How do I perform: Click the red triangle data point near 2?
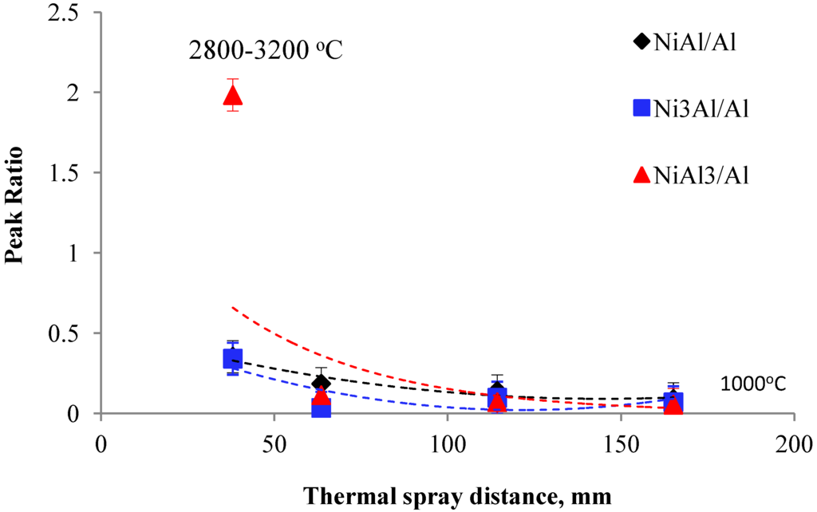pos(233,96)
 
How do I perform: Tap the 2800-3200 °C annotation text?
pos(265,51)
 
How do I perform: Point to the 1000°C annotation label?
pos(753,384)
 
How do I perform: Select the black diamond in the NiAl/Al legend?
pos(641,43)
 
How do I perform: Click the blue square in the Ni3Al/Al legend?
pos(641,108)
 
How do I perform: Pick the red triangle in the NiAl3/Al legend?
pos(641,175)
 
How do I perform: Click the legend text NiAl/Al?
pos(693,43)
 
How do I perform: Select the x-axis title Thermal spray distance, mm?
pos(457,495)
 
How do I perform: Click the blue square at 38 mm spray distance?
pos(232,359)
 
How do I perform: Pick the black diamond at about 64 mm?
pos(321,384)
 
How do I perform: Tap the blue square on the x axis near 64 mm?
pos(321,408)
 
